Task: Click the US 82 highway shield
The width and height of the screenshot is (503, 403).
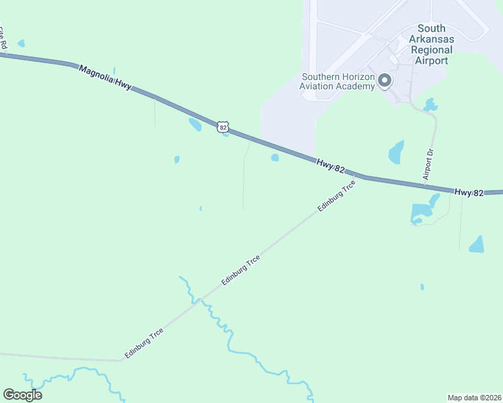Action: coord(223,126)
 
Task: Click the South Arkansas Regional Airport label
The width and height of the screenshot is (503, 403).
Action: coord(431,44)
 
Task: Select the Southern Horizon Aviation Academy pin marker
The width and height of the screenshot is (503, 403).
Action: coord(385,81)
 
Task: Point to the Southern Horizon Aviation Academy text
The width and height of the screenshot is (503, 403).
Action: coord(338,82)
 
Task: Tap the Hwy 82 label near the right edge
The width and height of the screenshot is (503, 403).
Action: coord(469,192)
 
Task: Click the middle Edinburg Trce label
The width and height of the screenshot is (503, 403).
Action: coord(240,271)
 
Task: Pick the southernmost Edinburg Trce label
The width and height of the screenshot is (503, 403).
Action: coord(144,343)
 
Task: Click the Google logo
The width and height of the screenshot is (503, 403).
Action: coord(22,395)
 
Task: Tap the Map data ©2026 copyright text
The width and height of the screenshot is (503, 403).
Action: coord(474,397)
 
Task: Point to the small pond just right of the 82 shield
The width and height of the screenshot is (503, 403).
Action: coord(226,134)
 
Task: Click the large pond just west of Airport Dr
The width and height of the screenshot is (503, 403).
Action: coord(397,152)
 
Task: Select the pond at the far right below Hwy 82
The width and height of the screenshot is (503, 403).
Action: coord(477,244)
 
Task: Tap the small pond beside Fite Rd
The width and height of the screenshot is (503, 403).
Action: coord(21,43)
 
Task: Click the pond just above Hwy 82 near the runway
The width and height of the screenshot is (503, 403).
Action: coord(274,158)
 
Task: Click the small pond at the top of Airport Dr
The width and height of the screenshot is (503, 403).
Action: coord(430,105)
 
